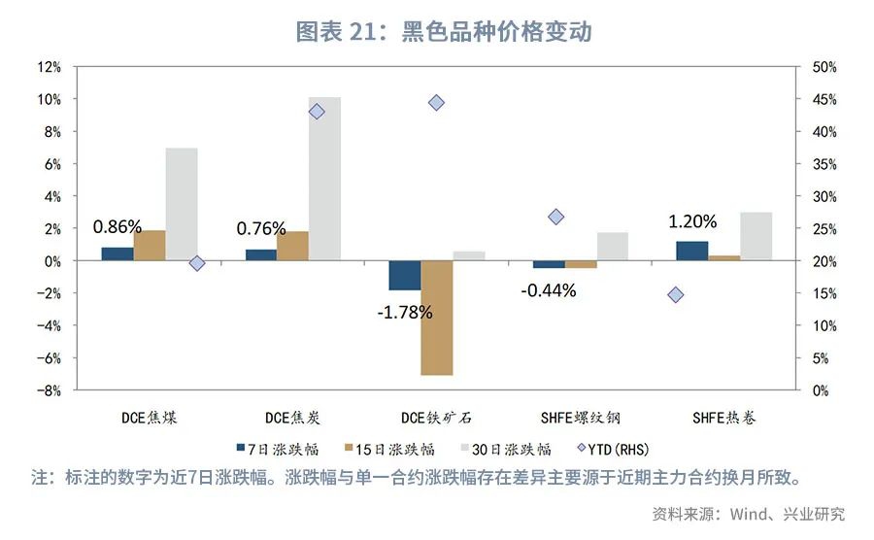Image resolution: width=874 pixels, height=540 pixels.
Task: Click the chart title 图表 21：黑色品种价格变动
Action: tap(444, 31)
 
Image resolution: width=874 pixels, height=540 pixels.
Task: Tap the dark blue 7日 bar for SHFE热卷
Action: tap(692, 251)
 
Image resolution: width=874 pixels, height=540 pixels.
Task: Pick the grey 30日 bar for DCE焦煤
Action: tap(182, 204)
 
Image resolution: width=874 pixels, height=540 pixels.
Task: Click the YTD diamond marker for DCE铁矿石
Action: tap(436, 103)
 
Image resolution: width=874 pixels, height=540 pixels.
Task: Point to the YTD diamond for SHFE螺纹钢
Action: tap(556, 217)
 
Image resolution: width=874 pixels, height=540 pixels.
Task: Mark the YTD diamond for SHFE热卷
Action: tap(676, 294)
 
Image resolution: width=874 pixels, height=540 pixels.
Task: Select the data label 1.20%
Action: tap(691, 221)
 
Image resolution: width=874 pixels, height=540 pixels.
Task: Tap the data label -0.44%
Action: tap(548, 289)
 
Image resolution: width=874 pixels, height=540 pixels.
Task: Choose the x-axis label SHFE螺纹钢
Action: tap(581, 419)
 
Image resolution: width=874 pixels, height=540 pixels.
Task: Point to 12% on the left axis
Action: tap(49, 67)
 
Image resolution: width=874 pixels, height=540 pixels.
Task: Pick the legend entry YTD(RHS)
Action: tap(613, 449)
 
